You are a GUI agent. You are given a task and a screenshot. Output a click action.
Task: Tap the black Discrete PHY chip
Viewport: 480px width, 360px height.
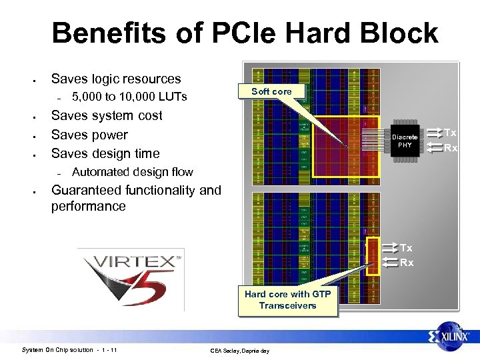pos(405,141)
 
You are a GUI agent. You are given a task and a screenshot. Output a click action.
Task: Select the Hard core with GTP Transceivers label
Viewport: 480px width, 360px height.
pos(287,299)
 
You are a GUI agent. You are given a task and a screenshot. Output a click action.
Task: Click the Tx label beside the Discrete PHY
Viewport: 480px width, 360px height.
pos(451,133)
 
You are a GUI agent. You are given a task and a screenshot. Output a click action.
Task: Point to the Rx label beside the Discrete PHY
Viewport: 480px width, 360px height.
pos(451,148)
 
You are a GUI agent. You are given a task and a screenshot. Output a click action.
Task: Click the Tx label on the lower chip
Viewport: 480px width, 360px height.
pos(407,248)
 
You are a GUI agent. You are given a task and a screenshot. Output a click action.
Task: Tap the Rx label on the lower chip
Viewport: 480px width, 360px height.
pos(407,263)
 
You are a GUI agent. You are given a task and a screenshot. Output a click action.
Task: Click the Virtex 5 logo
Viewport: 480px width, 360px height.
pos(131,279)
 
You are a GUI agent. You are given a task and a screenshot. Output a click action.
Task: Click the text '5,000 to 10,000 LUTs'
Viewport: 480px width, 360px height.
pos(129,97)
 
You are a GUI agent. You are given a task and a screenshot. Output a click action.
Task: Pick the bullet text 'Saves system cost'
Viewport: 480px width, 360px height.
pos(107,115)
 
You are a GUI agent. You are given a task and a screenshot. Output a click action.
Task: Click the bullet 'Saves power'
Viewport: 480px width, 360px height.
pos(89,135)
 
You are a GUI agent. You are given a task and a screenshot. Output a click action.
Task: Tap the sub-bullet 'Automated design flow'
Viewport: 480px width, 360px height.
pos(132,172)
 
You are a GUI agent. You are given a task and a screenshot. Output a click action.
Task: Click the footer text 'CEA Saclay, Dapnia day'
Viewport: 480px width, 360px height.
pos(239,351)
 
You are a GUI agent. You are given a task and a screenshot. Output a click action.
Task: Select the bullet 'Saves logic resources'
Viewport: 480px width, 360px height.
pos(116,79)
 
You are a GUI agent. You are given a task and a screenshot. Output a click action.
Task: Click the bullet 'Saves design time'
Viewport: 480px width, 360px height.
pos(105,153)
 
